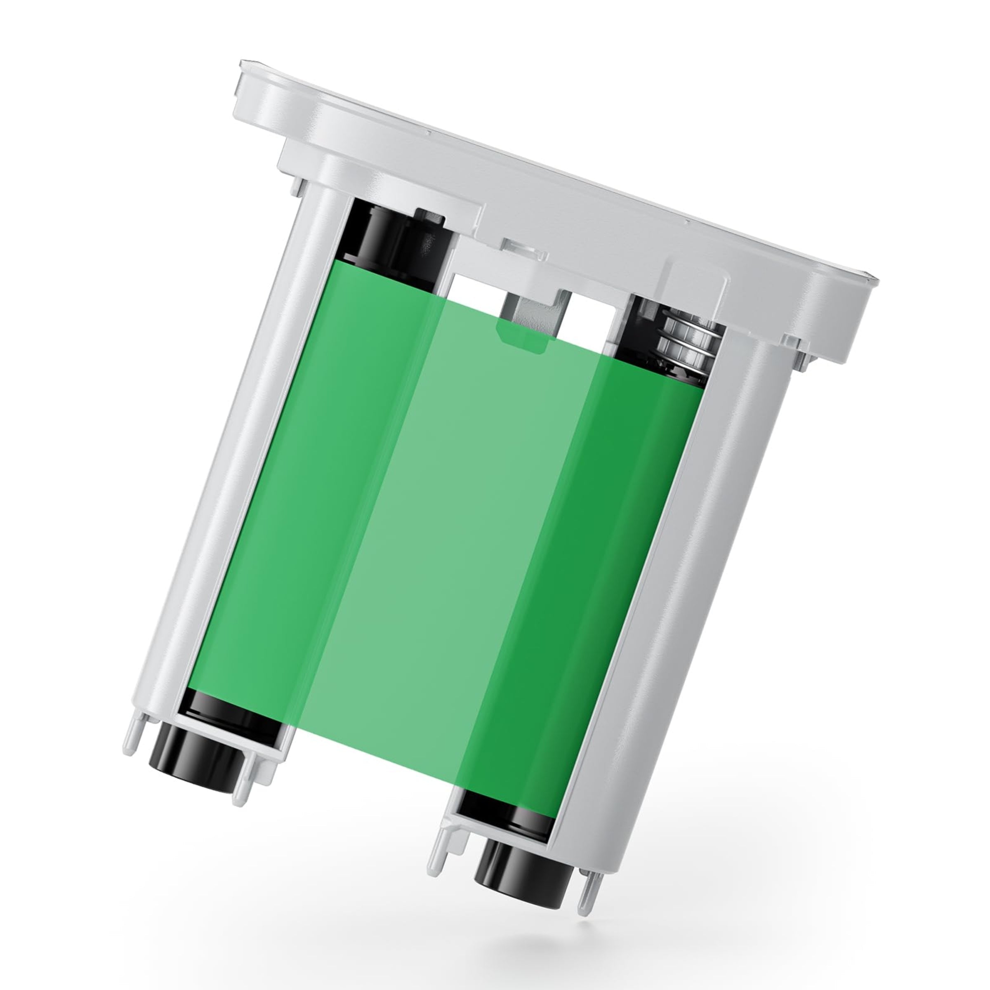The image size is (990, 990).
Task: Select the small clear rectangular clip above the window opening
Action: (x=523, y=250)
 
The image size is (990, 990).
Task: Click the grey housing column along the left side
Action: (x=220, y=461)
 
